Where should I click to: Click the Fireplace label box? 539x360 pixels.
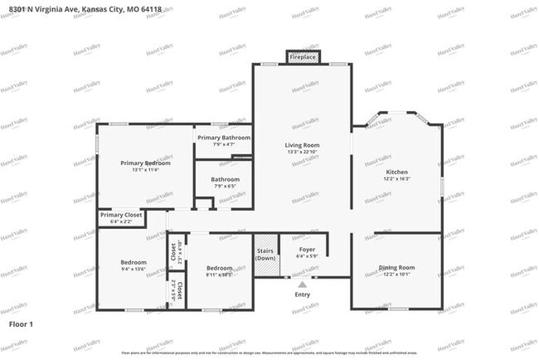pos(302,56)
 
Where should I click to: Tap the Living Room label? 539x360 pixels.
pos(303,145)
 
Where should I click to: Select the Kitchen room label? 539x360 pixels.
pos(396,172)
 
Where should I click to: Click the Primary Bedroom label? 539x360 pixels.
pos(145,163)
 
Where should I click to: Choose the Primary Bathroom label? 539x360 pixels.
pos(224,137)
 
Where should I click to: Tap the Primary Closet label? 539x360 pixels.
pos(121,215)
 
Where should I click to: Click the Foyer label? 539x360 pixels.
pos(307,249)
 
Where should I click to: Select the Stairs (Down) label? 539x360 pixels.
pos(265,254)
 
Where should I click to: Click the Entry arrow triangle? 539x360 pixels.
pos(302,284)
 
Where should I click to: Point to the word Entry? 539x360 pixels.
pos(302,294)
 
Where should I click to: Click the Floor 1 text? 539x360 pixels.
pos(21,324)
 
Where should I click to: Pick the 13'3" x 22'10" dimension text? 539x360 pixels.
pos(303,152)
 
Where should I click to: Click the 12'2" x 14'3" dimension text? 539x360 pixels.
pos(396,178)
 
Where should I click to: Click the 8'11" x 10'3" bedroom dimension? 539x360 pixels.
pos(219,275)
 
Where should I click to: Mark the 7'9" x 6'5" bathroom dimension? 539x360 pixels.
pos(225,186)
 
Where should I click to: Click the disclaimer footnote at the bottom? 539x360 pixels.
pos(269,353)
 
